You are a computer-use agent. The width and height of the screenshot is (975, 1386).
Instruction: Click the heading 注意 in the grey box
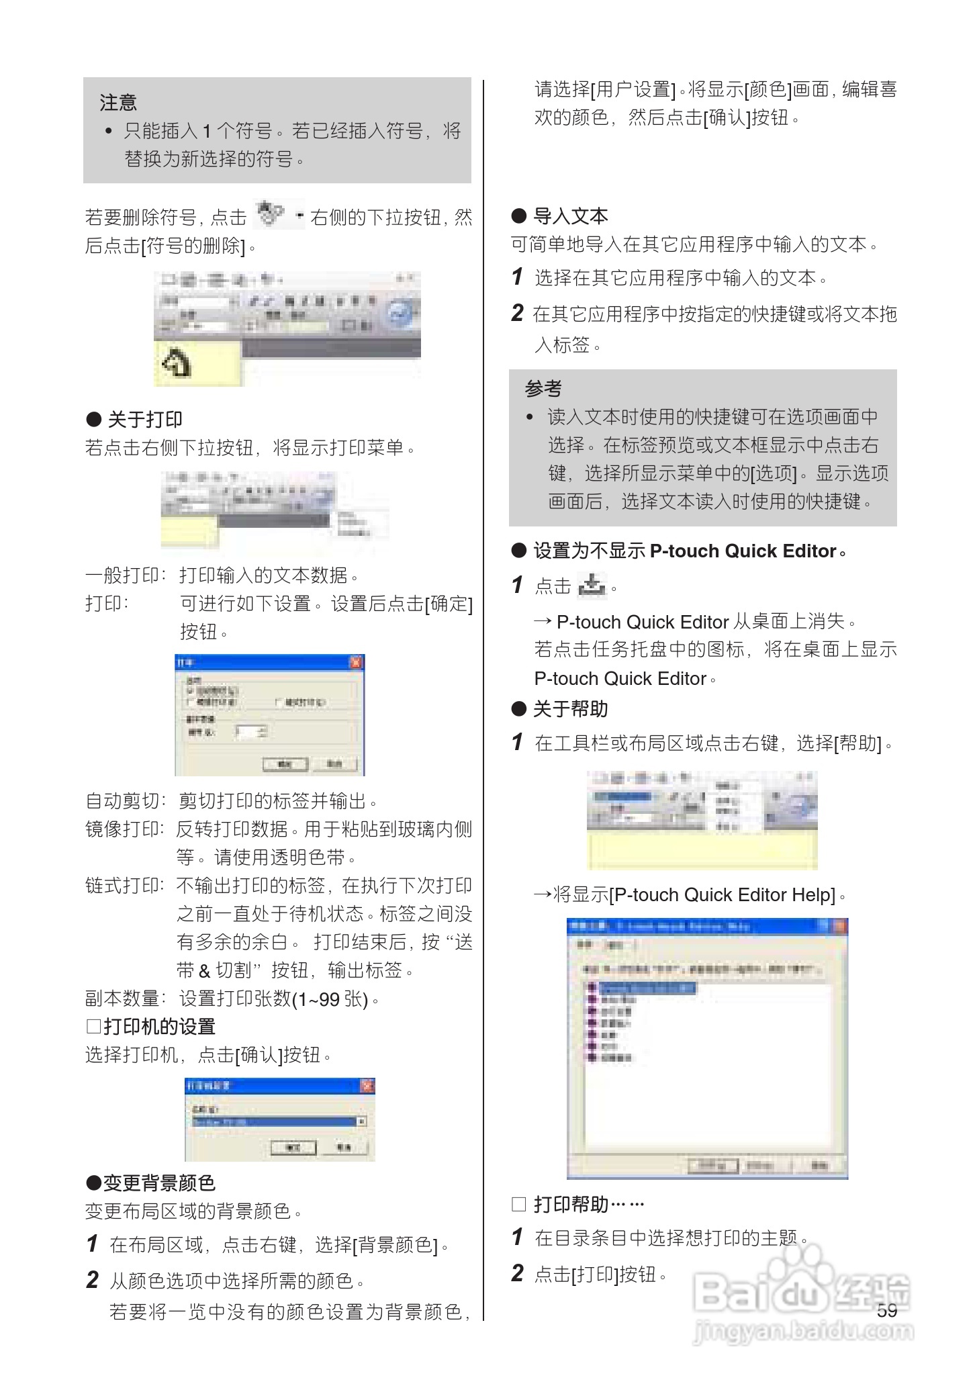[x=118, y=103]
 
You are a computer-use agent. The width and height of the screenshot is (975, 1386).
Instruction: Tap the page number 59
[x=886, y=1310]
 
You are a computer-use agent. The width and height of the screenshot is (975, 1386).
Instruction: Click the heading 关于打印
[x=144, y=420]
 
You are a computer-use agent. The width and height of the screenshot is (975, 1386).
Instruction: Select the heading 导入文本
[x=569, y=216]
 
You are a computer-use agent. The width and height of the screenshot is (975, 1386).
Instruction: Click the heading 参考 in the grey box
[x=543, y=389]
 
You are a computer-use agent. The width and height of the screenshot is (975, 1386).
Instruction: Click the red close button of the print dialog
[x=356, y=663]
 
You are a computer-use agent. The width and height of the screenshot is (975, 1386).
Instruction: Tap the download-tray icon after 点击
[x=592, y=586]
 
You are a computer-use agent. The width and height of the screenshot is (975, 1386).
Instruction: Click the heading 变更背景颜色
[x=158, y=1183]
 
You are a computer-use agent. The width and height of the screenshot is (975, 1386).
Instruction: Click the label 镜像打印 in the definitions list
[x=124, y=830]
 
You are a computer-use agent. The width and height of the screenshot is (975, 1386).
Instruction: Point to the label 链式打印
[x=124, y=886]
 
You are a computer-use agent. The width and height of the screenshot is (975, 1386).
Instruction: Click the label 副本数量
[x=124, y=999]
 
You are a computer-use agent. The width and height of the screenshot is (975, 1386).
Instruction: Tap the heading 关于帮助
[x=569, y=709]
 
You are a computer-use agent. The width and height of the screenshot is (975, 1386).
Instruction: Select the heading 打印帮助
[x=571, y=1205]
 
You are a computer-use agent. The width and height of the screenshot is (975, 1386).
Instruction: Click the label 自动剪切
[x=124, y=801]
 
